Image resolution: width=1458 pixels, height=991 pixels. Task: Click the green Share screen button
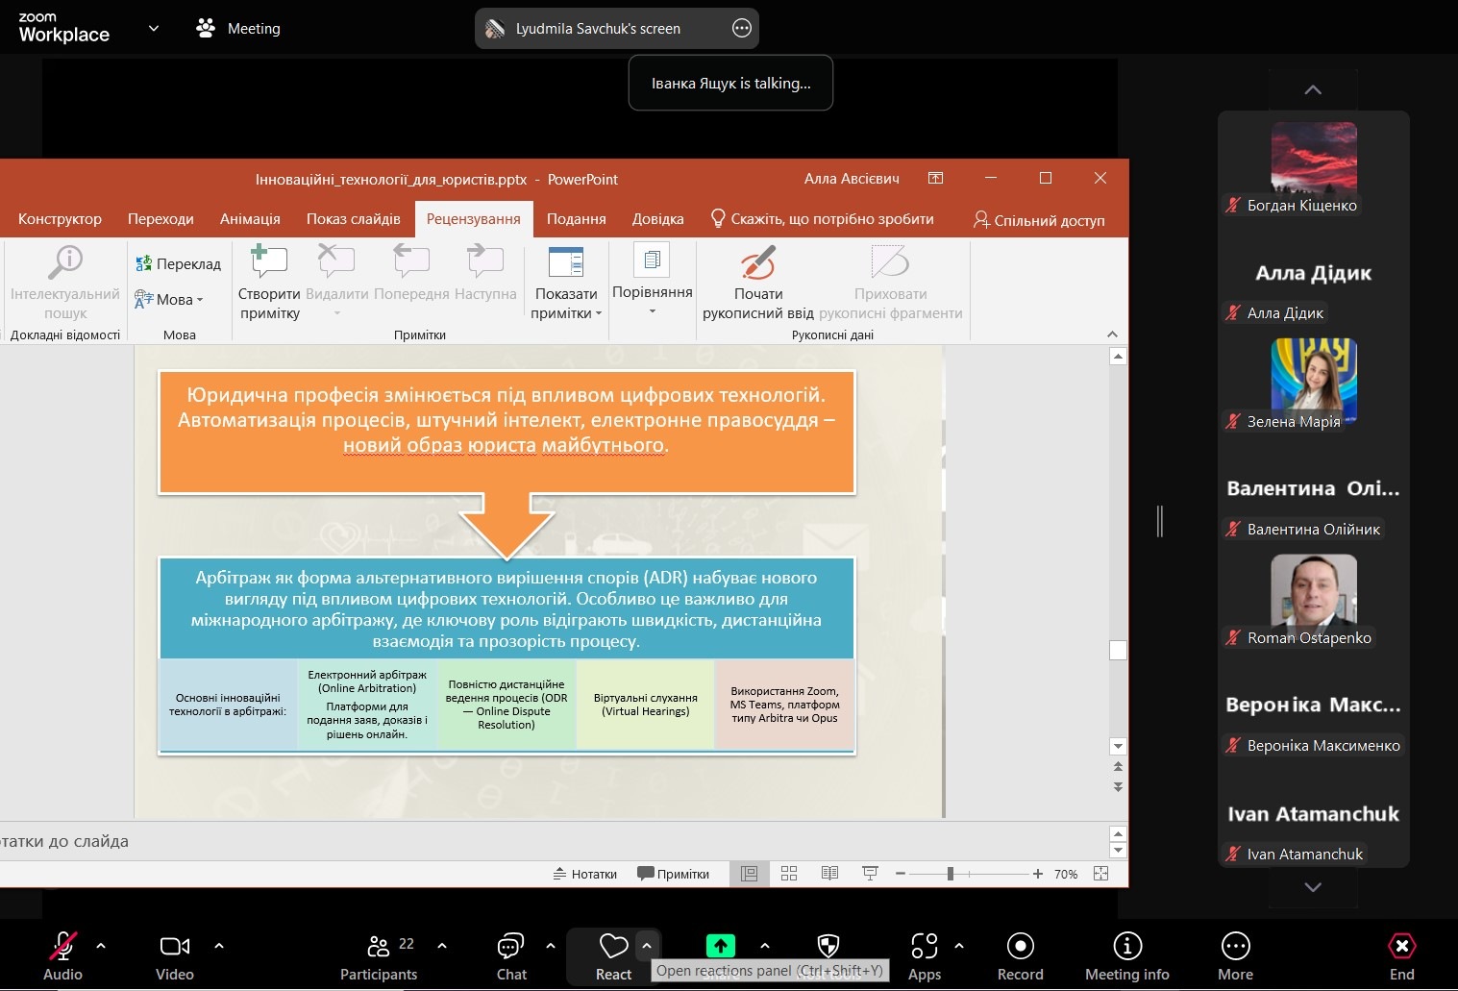721,946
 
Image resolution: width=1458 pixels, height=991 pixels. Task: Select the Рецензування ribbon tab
473,219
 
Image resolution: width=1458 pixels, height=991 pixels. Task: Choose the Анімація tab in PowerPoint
250,219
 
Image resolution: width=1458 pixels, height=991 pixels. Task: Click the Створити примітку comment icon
269,261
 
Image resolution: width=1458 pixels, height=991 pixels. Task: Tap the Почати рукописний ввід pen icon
757,262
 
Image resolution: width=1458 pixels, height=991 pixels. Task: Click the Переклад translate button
178,263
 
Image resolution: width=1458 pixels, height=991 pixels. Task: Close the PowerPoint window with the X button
1100,178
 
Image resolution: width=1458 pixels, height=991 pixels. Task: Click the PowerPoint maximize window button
1046,178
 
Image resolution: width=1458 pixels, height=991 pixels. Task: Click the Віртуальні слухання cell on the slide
646,705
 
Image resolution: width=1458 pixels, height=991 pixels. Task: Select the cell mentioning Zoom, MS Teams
785,705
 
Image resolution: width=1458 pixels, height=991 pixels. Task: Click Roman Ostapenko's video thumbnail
1314,589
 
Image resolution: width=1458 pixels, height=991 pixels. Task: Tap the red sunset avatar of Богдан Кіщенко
1314,157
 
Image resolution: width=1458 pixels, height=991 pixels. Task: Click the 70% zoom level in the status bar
1066,874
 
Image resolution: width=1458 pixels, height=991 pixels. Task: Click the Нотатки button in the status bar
584,874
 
